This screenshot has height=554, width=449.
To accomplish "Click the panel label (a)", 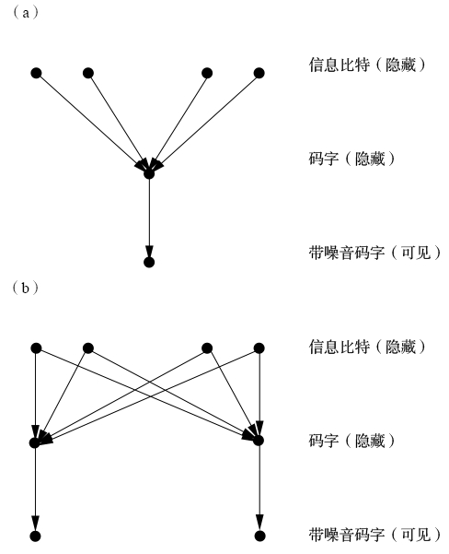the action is (26, 13).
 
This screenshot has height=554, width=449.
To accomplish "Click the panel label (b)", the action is (26, 288).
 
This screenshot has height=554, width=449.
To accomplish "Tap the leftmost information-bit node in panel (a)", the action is (36, 73).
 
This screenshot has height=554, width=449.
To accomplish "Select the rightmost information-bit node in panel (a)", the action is (259, 73).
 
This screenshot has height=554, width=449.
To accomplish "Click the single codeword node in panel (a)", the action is (149, 174).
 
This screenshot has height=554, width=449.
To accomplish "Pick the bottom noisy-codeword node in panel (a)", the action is (149, 262).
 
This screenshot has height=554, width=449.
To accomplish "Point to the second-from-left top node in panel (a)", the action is (88, 73).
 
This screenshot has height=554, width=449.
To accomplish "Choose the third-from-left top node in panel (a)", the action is (207, 73).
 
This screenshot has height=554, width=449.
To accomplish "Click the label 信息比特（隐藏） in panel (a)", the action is (367, 65).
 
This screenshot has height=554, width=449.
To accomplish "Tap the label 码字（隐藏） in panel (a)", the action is (352, 159).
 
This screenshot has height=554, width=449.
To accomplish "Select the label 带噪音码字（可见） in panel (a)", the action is (375, 253).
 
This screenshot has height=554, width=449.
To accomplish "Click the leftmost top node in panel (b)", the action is (36, 348).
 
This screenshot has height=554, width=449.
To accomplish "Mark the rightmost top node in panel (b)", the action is (259, 348).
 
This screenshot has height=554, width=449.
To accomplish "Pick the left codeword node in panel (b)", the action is (35, 442).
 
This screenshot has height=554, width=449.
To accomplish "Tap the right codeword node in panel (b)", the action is (259, 441).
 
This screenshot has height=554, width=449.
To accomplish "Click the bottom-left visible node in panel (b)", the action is (35, 536).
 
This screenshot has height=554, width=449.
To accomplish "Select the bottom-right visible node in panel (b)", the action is (259, 536).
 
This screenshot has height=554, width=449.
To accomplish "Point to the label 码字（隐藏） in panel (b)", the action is (352, 441).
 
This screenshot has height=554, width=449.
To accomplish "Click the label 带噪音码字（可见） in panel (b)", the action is (375, 535).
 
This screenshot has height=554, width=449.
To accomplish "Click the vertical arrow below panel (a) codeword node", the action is (149, 218).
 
